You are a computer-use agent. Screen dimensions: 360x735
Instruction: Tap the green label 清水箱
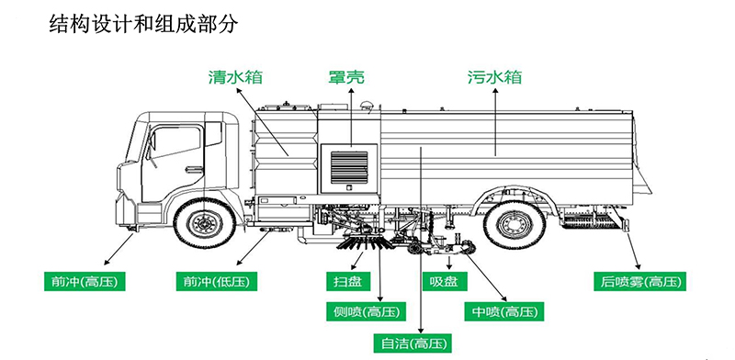click(231, 77)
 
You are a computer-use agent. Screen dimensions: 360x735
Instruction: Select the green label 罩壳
click(346, 77)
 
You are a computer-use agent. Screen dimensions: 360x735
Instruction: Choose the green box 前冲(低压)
click(216, 281)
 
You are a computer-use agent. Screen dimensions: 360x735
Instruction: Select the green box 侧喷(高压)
click(362, 312)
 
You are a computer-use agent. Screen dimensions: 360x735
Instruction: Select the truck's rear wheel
click(514, 224)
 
